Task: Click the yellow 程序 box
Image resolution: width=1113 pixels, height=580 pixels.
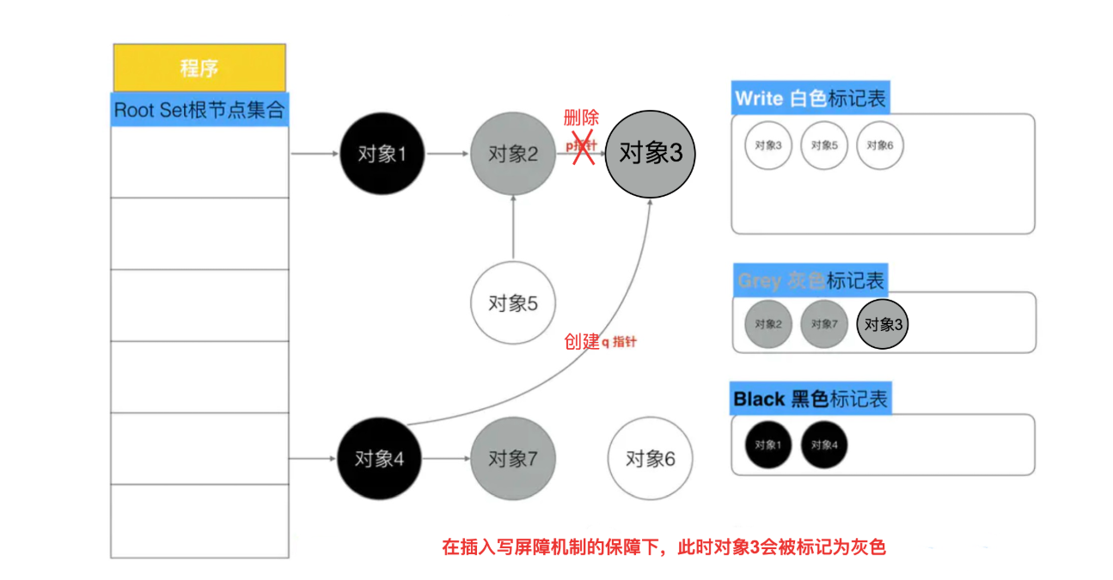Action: click(x=199, y=68)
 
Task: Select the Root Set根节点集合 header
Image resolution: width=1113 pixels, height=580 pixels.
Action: click(x=199, y=110)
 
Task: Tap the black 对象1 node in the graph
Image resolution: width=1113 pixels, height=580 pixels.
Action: click(x=382, y=155)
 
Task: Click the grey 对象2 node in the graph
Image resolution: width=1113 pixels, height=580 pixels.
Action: click(x=512, y=155)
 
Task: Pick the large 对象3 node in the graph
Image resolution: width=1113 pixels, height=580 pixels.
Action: click(x=651, y=153)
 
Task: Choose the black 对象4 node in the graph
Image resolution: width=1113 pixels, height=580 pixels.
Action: click(x=379, y=459)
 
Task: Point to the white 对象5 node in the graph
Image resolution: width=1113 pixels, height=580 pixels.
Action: click(x=512, y=303)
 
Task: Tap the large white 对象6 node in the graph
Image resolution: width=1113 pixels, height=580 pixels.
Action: click(x=650, y=459)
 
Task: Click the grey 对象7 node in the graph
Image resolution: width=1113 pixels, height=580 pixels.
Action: click(x=512, y=459)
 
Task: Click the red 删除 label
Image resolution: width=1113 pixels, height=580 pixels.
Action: click(x=581, y=119)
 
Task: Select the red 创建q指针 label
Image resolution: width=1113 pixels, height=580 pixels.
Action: click(x=600, y=341)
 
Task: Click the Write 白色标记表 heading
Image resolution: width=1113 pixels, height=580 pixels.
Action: click(x=810, y=98)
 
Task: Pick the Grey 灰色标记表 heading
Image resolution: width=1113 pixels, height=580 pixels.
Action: click(x=810, y=280)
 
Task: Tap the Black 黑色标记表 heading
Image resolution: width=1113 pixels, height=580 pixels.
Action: click(x=810, y=399)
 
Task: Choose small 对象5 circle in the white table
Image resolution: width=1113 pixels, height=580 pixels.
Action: click(x=823, y=146)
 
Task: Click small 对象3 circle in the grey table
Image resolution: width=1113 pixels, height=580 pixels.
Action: click(x=884, y=325)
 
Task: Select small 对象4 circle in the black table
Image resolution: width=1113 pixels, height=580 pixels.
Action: click(x=824, y=445)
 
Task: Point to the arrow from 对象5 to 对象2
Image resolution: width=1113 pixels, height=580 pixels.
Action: click(x=513, y=228)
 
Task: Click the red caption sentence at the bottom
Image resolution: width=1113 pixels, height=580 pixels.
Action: click(x=663, y=546)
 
